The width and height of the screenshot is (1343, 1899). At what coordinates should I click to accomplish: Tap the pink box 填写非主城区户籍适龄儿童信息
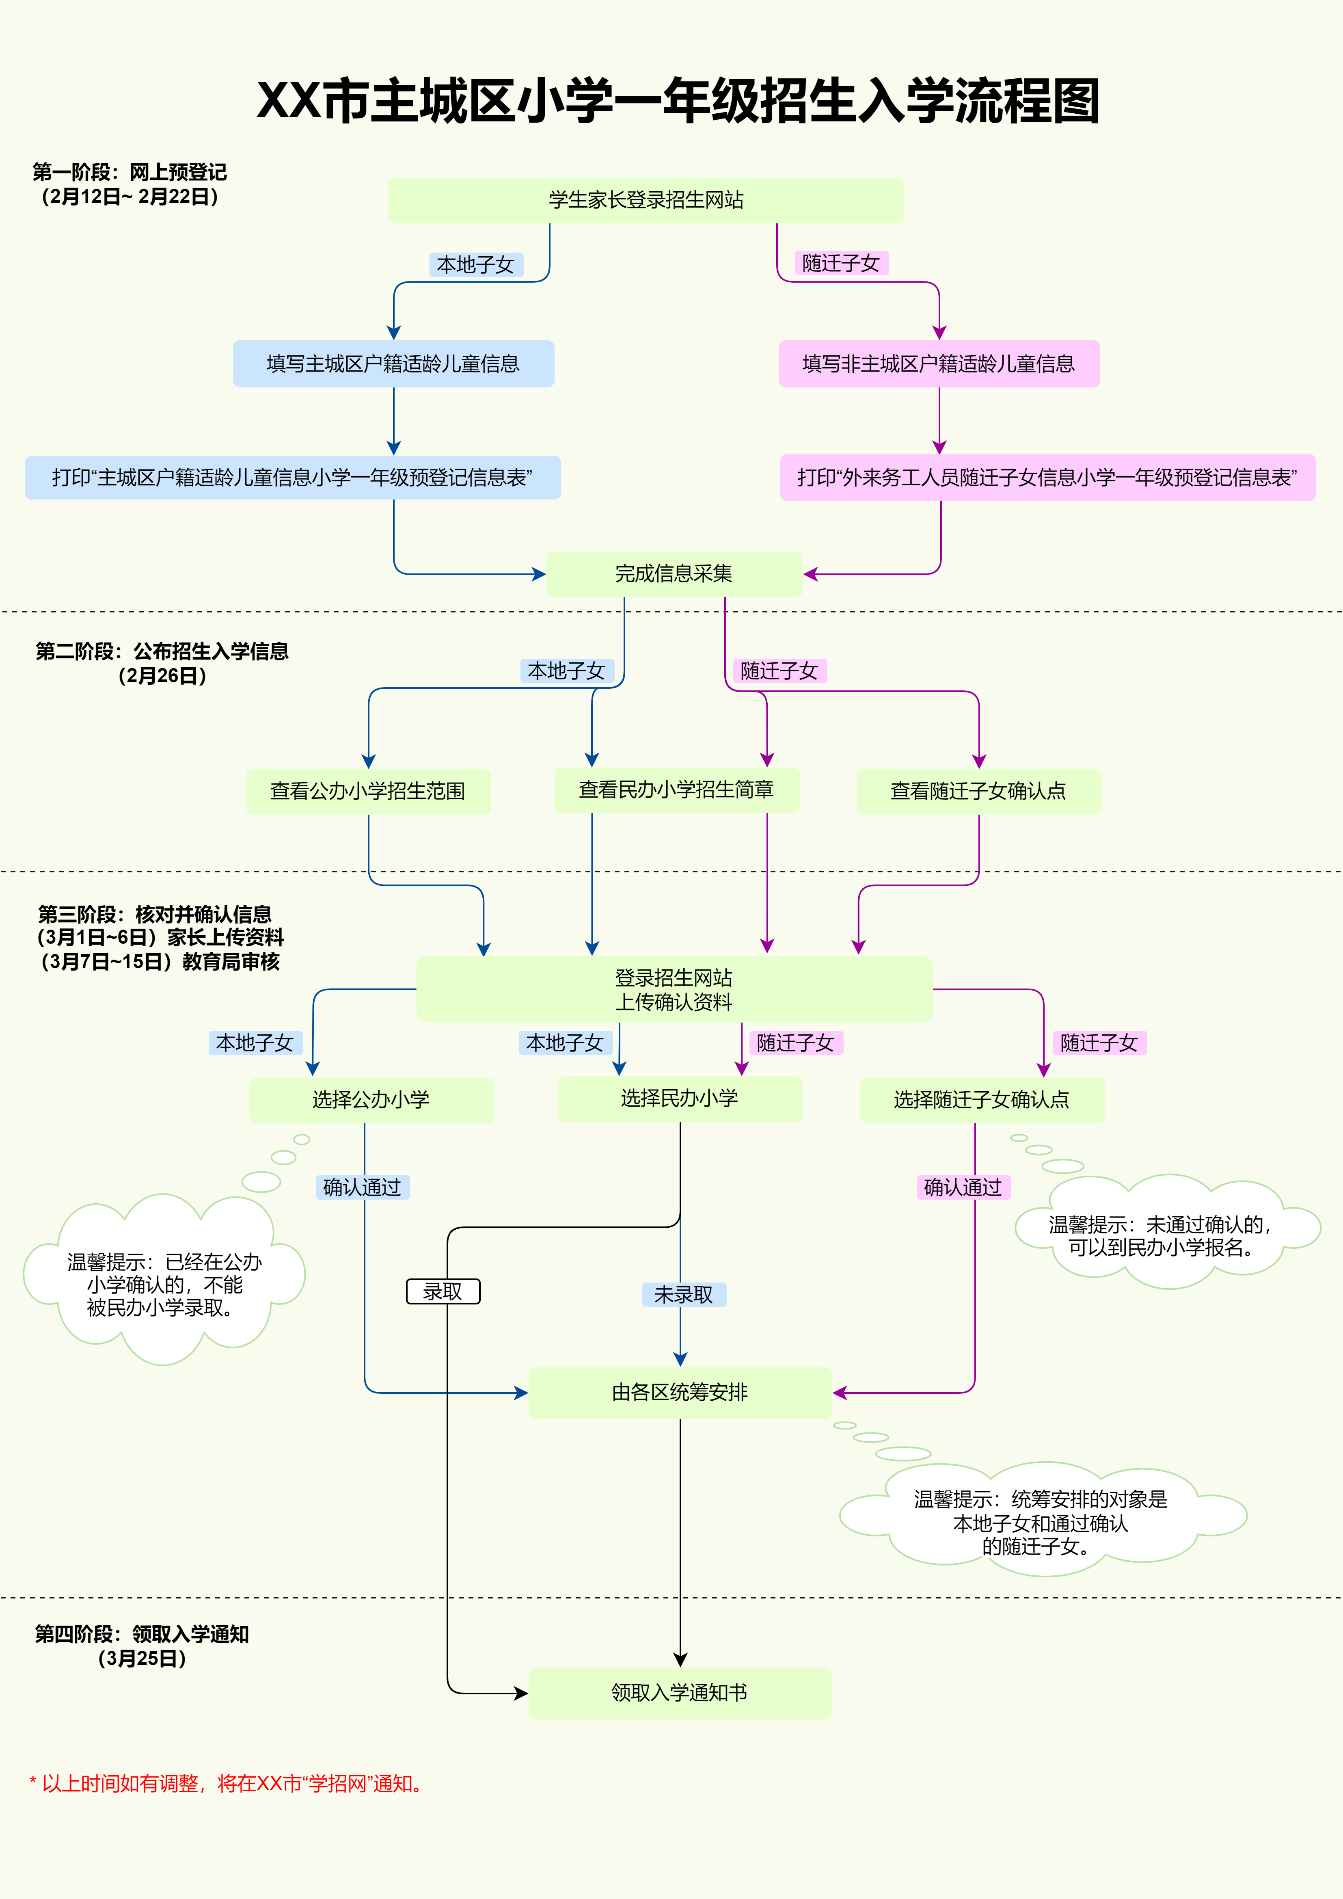939,364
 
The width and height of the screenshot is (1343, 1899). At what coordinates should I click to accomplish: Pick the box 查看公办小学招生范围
368,792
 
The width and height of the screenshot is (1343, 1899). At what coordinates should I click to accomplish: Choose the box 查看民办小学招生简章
676,790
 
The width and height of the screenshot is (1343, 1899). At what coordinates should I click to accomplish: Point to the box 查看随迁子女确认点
978,792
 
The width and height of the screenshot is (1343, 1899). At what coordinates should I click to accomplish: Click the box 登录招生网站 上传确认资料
674,989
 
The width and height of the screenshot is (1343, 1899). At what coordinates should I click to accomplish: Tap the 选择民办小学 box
680,1099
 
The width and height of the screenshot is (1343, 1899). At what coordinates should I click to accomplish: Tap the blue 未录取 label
684,1294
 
